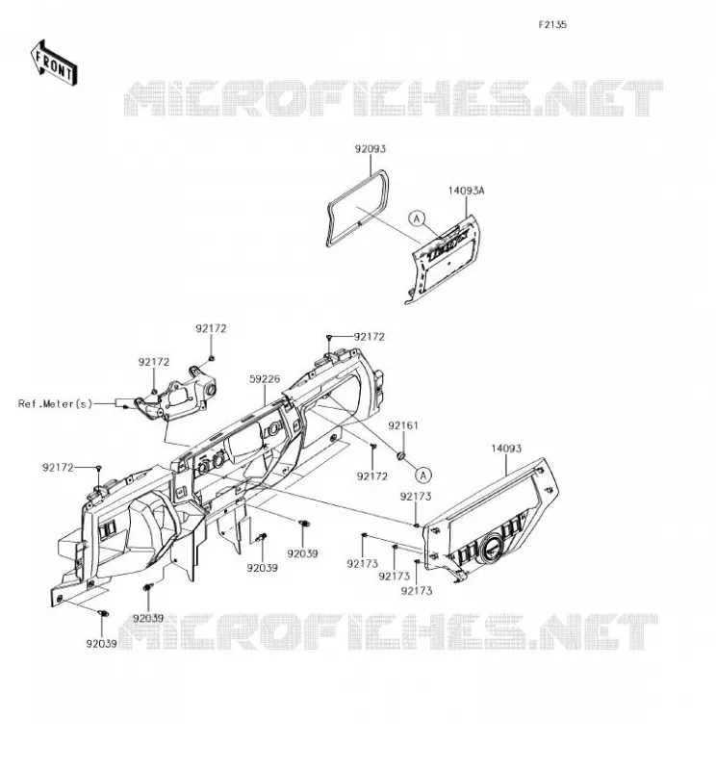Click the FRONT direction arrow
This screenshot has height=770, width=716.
coord(54,64)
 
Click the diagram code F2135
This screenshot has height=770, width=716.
coord(552,25)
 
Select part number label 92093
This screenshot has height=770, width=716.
coord(371,149)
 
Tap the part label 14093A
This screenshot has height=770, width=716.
coord(466,190)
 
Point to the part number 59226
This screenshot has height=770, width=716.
coord(265,378)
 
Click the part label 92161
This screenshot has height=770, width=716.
coord(403,425)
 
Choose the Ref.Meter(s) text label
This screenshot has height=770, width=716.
coord(55,403)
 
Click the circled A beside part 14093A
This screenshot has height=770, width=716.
coord(417,218)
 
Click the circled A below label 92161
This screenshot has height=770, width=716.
coord(423,475)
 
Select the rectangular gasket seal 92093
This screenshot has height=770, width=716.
coord(357,208)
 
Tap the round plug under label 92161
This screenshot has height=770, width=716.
coord(401,456)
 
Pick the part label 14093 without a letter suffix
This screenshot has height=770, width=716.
coord(506,449)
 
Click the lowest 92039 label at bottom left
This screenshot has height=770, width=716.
coord(102,644)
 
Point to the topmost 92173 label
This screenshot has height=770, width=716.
coord(416,497)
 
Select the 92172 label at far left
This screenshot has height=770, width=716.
coord(58,468)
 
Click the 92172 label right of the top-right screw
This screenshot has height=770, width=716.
coord(370,337)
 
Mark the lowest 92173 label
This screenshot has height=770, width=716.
coord(417,591)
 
